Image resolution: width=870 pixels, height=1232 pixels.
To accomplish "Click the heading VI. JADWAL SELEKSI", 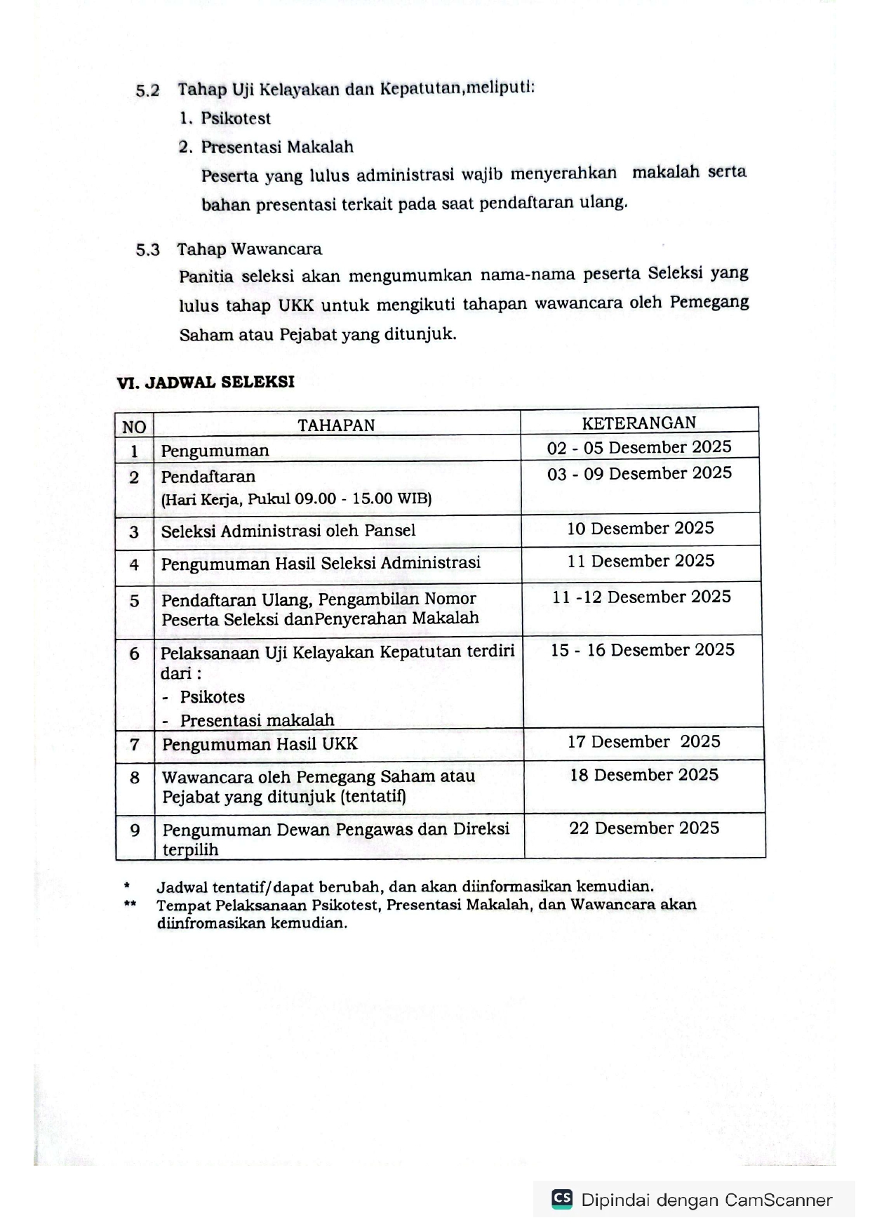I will (x=206, y=382).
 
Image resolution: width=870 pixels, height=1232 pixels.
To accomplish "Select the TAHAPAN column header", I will (x=336, y=425).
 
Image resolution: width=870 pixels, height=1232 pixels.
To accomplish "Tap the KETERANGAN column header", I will (x=638, y=423).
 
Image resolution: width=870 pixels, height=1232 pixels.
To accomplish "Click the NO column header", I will (x=134, y=427).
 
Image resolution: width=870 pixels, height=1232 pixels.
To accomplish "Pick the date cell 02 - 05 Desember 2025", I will (x=639, y=447).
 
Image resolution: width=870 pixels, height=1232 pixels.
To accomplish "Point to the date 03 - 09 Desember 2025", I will (x=639, y=474).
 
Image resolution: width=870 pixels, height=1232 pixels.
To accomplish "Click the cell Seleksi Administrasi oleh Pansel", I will (x=288, y=531).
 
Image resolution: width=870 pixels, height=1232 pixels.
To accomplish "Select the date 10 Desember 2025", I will (x=640, y=528).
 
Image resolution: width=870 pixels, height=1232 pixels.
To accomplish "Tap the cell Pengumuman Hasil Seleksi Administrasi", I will (x=321, y=563).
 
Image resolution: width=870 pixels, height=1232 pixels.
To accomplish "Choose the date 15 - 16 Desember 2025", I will (x=642, y=650).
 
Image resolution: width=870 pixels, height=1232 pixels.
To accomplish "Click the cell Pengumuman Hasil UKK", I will (x=260, y=744).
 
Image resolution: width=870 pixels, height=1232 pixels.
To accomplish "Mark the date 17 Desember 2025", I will (x=643, y=742).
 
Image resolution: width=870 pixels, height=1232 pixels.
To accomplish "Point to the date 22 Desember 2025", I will (x=644, y=828).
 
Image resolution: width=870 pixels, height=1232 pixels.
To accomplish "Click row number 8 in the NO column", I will (x=135, y=778).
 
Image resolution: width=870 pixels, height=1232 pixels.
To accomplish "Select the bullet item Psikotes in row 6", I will (x=212, y=697).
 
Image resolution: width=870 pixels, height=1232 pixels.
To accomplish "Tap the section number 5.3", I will (x=147, y=250).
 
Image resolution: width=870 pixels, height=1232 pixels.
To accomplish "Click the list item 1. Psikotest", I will (x=225, y=119).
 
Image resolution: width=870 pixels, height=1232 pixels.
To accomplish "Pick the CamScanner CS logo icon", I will (x=562, y=1198).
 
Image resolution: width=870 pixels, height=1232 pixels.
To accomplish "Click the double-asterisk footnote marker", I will (x=130, y=904).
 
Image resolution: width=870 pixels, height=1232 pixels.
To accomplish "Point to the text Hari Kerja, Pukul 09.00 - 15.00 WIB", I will (x=296, y=499).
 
